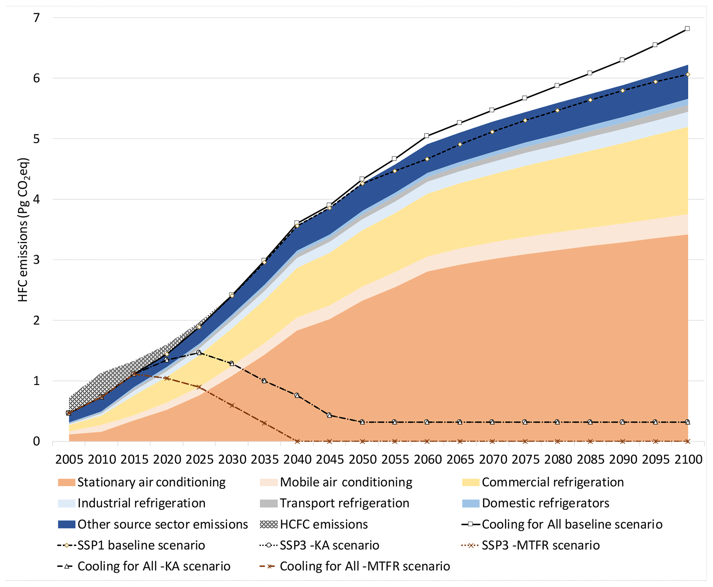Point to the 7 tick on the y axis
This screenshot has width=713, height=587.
(x=36, y=18)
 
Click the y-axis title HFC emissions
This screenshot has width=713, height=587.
(x=23, y=230)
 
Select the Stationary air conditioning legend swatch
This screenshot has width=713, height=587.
(x=66, y=482)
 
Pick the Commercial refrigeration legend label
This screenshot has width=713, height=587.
(x=553, y=482)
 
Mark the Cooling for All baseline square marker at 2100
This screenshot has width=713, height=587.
(x=687, y=29)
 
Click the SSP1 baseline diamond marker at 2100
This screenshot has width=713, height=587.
(x=687, y=75)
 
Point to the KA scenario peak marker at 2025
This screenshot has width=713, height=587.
(x=199, y=353)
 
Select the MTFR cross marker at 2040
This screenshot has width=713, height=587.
(x=297, y=441)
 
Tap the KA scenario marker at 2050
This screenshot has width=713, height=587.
(x=362, y=422)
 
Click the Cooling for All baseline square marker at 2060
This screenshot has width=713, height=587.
(x=427, y=136)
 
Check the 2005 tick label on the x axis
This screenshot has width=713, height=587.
(x=69, y=460)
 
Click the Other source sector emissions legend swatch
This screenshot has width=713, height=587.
(x=66, y=525)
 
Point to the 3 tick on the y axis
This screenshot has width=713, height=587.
(x=36, y=260)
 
